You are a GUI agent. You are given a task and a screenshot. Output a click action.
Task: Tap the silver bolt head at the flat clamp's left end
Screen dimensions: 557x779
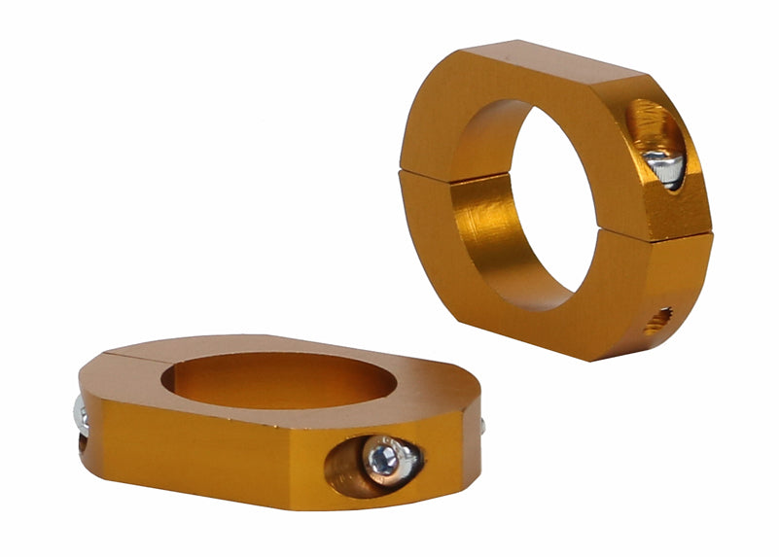tap(82, 417)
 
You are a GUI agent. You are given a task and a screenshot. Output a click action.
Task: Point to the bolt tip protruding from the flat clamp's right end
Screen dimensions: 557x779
tap(481, 425)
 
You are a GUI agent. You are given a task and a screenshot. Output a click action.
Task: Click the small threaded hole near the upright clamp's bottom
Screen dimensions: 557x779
tap(658, 318)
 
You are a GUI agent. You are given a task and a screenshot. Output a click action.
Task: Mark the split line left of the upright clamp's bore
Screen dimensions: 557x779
tap(428, 175)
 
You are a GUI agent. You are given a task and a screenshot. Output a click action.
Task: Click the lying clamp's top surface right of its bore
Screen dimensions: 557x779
tap(428, 374)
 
